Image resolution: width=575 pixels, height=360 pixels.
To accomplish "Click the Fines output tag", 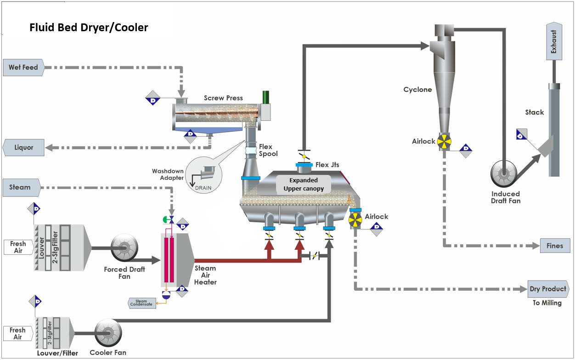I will pyautogui.click(x=555, y=246).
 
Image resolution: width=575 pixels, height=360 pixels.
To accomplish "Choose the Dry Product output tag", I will pyautogui.click(x=548, y=289).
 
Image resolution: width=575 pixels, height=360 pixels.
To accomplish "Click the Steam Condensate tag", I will pyautogui.click(x=141, y=303).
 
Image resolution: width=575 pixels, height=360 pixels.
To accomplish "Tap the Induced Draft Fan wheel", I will pyautogui.click(x=503, y=174).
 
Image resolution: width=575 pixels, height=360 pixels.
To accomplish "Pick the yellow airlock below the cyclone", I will pyautogui.click(x=444, y=141).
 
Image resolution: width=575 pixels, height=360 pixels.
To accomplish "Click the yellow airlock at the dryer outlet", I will pyautogui.click(x=355, y=220).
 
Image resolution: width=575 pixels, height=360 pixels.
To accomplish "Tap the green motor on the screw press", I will pyautogui.click(x=265, y=97).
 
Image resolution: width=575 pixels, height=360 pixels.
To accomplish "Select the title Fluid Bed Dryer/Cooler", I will pyautogui.click(x=89, y=28).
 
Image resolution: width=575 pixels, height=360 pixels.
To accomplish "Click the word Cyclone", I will pyautogui.click(x=417, y=90).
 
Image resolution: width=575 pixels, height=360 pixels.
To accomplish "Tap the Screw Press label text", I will pyautogui.click(x=223, y=98).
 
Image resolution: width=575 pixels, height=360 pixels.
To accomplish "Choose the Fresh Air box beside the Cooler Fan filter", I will pyautogui.click(x=17, y=333).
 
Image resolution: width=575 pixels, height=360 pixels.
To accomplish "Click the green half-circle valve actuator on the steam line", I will pyautogui.click(x=165, y=219).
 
